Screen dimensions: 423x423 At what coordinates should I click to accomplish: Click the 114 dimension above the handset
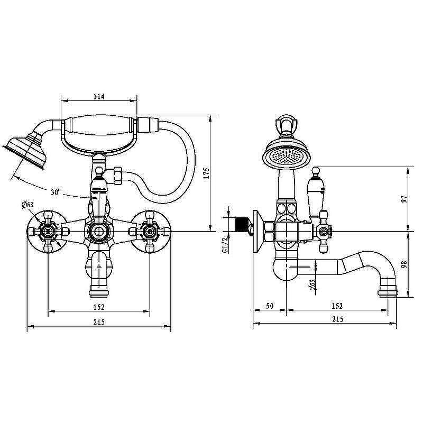click(99, 96)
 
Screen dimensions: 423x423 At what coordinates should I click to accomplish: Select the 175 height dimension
click(206, 173)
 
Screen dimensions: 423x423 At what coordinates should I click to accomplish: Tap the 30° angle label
click(56, 192)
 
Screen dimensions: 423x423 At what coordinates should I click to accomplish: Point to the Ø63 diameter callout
click(27, 205)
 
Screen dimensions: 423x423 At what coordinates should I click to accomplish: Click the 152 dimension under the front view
click(99, 307)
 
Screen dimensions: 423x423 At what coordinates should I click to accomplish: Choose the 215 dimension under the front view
click(99, 322)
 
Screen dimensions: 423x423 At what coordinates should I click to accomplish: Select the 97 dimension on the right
click(404, 199)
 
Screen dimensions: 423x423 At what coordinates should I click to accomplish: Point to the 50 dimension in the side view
click(270, 306)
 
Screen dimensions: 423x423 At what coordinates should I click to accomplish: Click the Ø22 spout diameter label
click(313, 284)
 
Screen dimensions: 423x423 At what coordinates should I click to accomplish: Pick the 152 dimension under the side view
click(337, 306)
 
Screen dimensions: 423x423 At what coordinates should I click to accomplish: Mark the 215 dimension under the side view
click(337, 319)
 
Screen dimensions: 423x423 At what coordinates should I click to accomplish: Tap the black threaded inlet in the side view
click(242, 224)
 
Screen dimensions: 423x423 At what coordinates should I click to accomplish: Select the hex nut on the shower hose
click(118, 176)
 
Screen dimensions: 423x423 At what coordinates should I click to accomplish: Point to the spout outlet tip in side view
click(388, 294)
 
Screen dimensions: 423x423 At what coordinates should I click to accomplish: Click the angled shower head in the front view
click(25, 150)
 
